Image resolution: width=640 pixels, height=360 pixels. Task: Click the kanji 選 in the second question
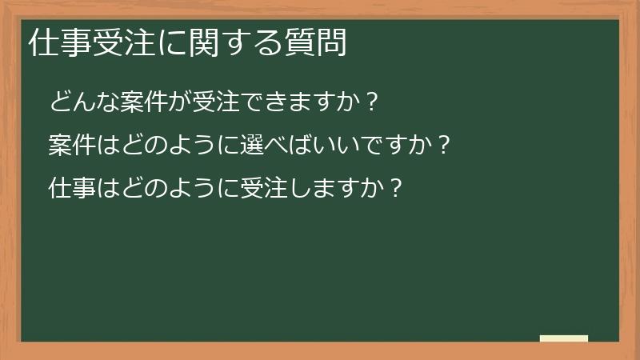click(239, 146)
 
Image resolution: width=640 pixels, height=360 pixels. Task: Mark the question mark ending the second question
click(444, 146)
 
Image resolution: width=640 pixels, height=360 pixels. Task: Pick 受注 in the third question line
click(250, 189)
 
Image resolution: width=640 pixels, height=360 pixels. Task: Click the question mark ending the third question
click(394, 189)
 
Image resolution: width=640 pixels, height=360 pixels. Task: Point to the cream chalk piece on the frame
click(564, 338)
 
